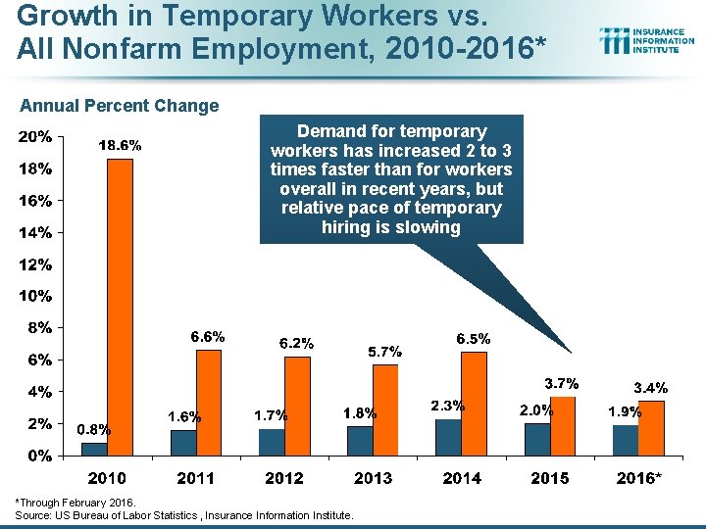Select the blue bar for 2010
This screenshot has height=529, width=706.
click(x=94, y=450)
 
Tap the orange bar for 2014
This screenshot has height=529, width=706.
click(x=474, y=404)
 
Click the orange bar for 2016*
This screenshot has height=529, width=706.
click(x=651, y=428)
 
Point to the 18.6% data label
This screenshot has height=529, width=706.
click(x=120, y=145)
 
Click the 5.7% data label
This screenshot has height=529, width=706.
click(x=385, y=351)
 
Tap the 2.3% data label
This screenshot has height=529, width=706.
click(x=447, y=405)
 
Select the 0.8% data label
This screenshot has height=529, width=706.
click(x=94, y=428)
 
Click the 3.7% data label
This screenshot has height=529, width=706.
click(x=562, y=382)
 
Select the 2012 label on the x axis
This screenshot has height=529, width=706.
click(x=283, y=478)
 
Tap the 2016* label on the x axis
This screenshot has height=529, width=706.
click(x=639, y=478)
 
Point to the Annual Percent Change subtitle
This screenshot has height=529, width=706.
click(x=120, y=106)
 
